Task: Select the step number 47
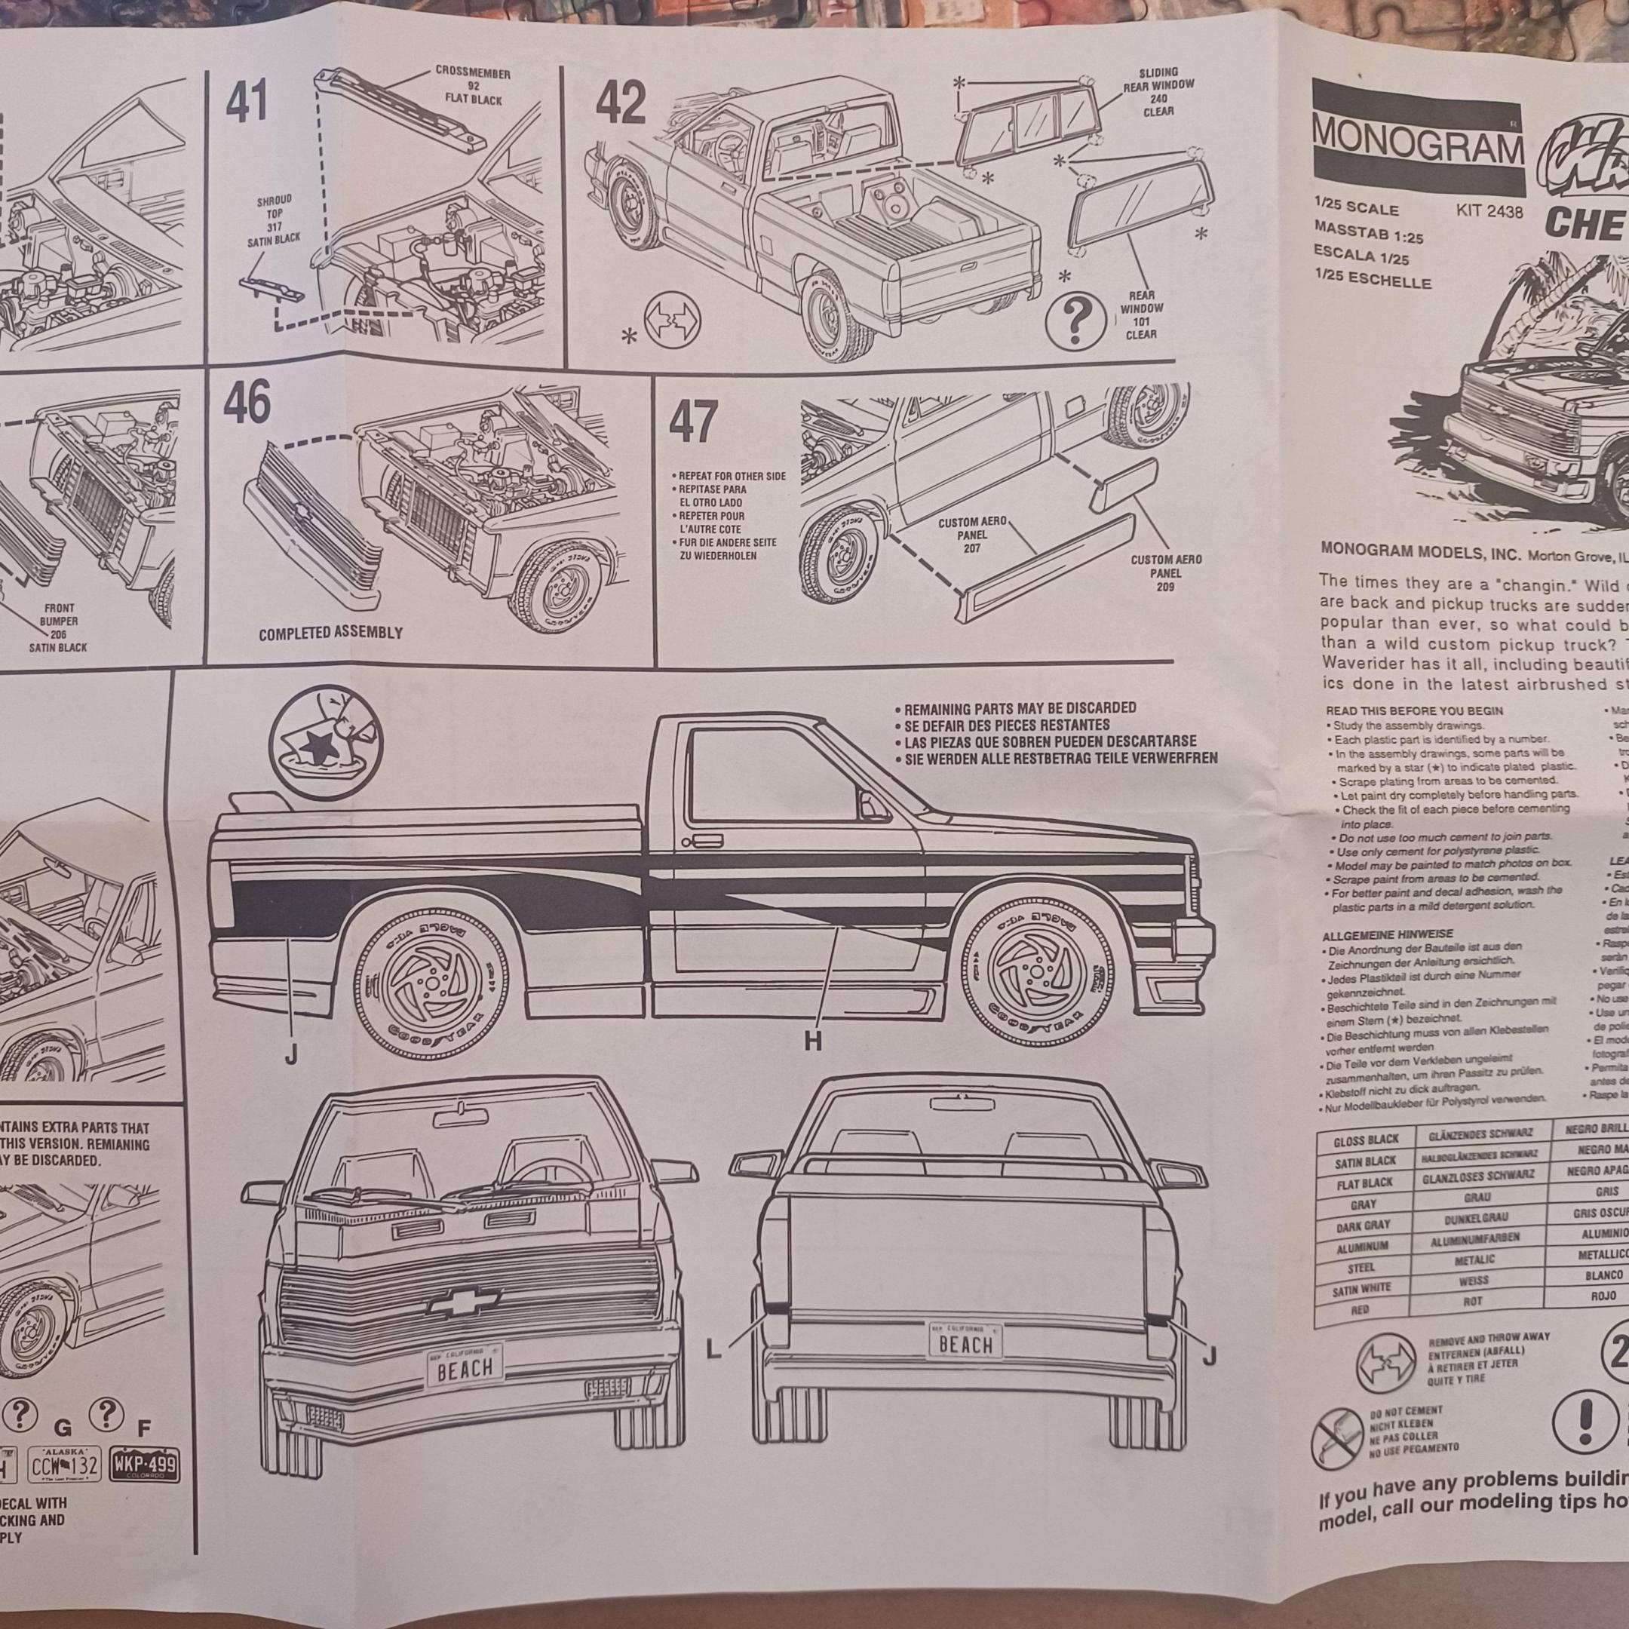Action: click(x=692, y=422)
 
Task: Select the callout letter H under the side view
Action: click(x=812, y=1042)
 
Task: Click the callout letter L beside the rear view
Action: click(x=713, y=1351)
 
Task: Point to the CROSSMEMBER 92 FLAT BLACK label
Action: click(x=472, y=86)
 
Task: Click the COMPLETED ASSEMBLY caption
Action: click(x=330, y=633)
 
